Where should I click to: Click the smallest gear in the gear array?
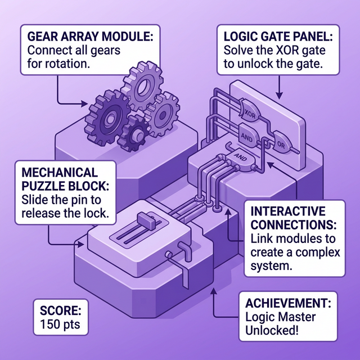(136, 134)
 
